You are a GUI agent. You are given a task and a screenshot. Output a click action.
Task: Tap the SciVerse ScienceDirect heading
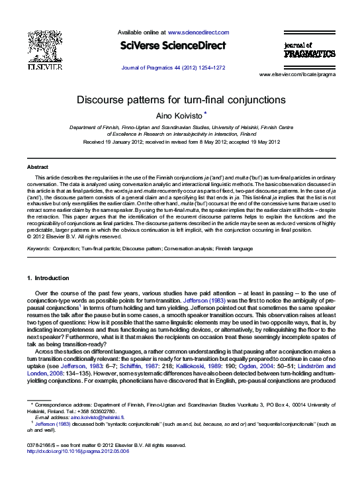click(173, 46)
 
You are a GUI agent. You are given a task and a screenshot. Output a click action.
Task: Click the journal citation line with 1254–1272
click(173, 68)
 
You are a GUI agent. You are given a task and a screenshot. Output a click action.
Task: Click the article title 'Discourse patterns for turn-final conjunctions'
click(180, 100)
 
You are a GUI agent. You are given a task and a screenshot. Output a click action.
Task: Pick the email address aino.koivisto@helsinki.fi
click(98, 418)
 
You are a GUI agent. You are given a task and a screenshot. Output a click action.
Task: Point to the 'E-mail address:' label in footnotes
click(52, 418)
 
